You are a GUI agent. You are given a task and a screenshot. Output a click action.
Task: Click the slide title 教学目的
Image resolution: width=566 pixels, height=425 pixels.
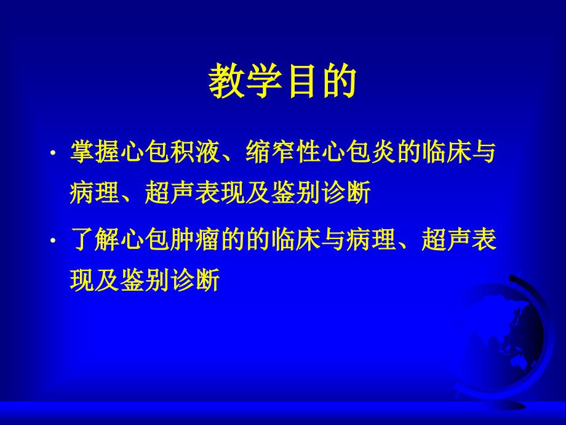click(282, 81)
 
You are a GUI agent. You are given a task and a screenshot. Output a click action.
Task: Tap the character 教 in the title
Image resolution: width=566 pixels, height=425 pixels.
click(226, 81)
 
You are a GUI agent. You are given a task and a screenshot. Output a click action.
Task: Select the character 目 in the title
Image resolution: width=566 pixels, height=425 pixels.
click(301, 81)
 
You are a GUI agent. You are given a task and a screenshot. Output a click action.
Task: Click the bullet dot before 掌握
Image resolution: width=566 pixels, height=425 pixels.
click(53, 153)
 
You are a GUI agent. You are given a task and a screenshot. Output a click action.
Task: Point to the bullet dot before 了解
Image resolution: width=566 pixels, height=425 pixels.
click(53, 240)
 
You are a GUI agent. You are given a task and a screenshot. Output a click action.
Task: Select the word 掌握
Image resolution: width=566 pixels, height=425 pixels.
click(95, 152)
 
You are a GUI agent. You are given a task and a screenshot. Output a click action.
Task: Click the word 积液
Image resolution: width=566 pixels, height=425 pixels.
click(195, 152)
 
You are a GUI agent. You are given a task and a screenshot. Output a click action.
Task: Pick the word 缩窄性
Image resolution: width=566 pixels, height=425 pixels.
click(283, 152)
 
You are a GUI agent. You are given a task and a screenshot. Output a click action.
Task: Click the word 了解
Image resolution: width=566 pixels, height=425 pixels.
click(95, 239)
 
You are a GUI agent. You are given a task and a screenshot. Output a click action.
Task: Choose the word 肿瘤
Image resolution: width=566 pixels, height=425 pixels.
click(195, 239)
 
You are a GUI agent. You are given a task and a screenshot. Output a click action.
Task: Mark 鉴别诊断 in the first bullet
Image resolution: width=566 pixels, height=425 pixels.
click(321, 192)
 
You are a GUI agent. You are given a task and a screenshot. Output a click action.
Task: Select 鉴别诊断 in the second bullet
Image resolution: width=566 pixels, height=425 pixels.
click(170, 280)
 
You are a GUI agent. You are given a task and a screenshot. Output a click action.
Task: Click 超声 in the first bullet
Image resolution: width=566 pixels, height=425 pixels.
click(170, 192)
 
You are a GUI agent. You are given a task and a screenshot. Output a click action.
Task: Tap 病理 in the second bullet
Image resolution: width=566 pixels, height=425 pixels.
click(371, 239)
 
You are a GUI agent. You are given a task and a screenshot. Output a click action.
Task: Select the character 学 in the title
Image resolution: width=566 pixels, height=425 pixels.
click(264, 81)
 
